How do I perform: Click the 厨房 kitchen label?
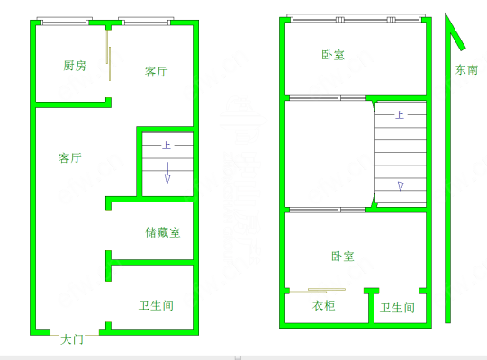pos(75,66)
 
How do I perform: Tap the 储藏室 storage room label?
pos(163,232)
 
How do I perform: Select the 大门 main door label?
pos(72,339)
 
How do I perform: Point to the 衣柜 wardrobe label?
pos(324,306)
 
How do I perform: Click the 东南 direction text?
pos(466,70)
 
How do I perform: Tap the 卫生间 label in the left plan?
pos(156,305)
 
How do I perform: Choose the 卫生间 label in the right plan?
pos(398,308)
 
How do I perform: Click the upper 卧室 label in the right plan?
pos(333,55)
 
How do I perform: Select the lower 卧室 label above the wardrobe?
pos(343,256)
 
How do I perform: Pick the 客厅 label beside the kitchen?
pos(157,72)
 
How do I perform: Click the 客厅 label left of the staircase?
pos(70,157)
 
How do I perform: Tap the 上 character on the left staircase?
pos(167,146)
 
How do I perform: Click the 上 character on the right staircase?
pos(400,115)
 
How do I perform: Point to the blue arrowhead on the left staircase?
pos(167,179)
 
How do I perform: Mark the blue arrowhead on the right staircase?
pos(401,186)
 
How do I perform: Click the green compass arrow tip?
pos(446,13)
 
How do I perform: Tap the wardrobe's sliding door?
pos(318,291)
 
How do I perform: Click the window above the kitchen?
pos(65,21)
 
